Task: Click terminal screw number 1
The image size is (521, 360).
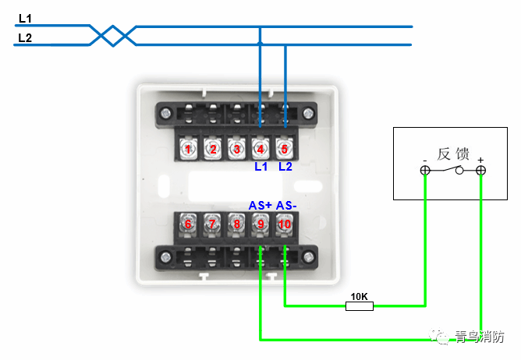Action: click(x=188, y=148)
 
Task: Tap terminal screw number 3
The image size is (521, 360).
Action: click(x=236, y=148)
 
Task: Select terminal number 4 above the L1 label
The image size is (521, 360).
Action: click(x=260, y=148)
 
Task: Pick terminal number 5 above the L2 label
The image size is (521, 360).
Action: click(x=285, y=148)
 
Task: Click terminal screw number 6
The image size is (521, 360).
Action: click(x=188, y=224)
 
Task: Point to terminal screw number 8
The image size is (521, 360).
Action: click(x=236, y=224)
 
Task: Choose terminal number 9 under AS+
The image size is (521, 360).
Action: click(x=260, y=224)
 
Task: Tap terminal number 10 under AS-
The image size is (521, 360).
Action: click(x=285, y=224)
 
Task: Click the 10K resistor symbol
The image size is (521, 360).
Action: click(x=360, y=305)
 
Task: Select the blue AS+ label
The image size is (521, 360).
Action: click(x=260, y=205)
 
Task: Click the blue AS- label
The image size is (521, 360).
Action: click(x=286, y=205)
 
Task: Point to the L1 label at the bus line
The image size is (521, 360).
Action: click(x=25, y=18)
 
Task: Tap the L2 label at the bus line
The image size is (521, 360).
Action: click(x=25, y=37)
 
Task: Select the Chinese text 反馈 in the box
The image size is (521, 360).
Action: click(x=453, y=154)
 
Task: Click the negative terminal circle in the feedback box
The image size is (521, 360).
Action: click(x=425, y=170)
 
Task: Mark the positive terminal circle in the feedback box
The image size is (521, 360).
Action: click(x=480, y=170)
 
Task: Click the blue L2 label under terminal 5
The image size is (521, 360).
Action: click(x=285, y=167)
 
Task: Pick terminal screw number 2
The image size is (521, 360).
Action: click(x=212, y=148)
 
